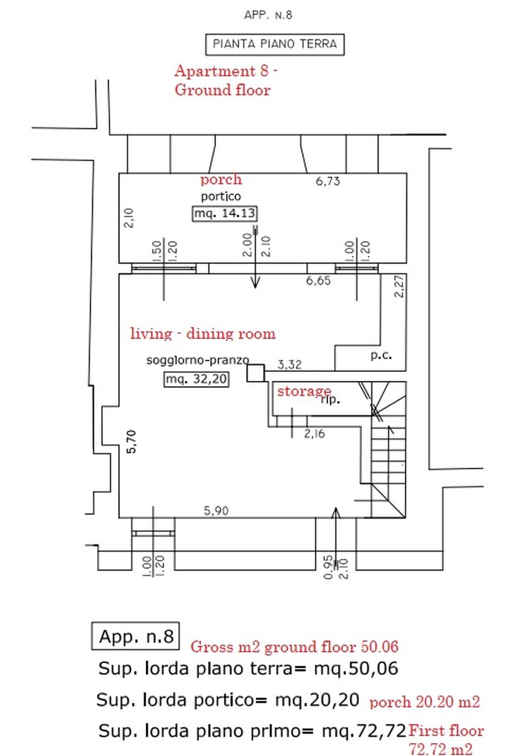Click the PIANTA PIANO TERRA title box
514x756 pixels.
(x=275, y=44)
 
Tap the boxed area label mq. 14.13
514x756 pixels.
(x=224, y=213)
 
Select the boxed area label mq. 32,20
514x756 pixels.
(x=196, y=379)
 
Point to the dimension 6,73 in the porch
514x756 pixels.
(x=328, y=182)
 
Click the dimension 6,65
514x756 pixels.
(x=318, y=281)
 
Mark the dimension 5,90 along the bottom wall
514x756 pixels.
(x=216, y=511)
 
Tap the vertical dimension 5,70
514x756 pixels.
(x=131, y=441)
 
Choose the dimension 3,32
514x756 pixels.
(x=290, y=364)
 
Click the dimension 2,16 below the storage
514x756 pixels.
(x=315, y=433)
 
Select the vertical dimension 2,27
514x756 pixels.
(x=399, y=286)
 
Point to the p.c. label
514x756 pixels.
(x=381, y=355)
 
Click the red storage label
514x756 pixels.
(x=304, y=392)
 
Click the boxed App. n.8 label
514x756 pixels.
(x=135, y=636)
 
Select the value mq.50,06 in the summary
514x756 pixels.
(x=356, y=669)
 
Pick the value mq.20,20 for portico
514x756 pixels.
(x=317, y=699)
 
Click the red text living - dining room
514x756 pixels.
(x=203, y=333)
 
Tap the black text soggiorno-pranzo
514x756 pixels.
(x=198, y=360)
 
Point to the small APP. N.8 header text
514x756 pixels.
(x=268, y=15)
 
